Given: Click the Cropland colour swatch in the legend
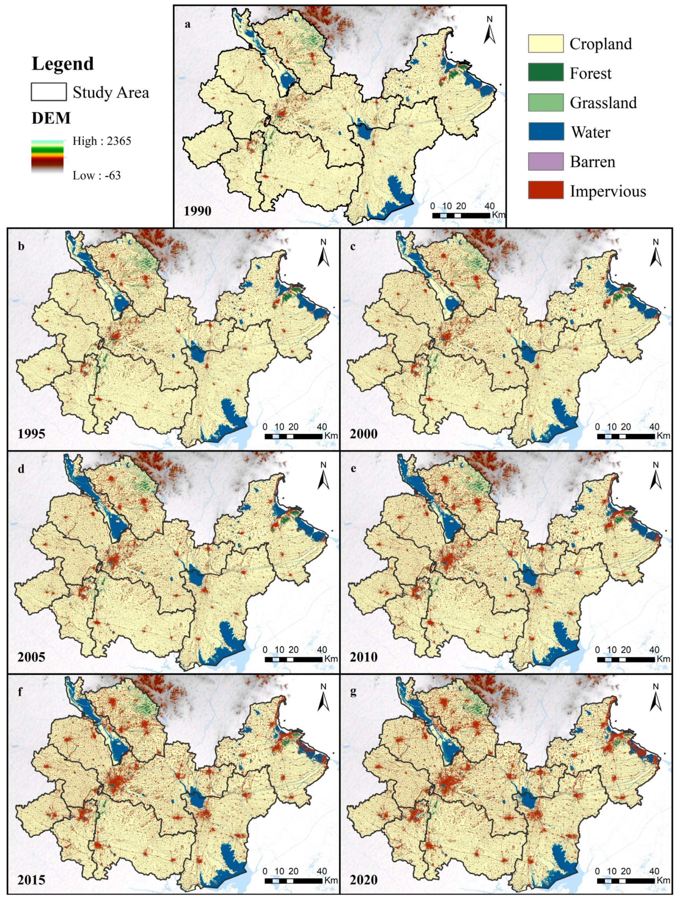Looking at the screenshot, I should (x=545, y=44).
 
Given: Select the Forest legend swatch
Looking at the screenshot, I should (x=545, y=72).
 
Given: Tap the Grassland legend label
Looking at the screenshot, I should (x=603, y=103).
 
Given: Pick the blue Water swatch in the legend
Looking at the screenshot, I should (x=545, y=132).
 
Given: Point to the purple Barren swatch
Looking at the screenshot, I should (x=545, y=161).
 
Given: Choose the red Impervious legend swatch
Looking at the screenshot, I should (x=545, y=190).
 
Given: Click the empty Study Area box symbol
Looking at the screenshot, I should (x=49, y=92).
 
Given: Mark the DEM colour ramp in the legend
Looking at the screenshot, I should (x=47, y=157).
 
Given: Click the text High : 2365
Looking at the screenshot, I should (x=102, y=141).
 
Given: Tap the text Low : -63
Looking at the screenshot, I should (x=97, y=175).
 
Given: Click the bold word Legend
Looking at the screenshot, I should (x=63, y=64).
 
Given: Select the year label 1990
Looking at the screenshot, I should (x=197, y=211).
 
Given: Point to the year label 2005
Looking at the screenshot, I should (x=31, y=657).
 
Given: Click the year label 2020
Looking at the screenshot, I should (x=363, y=880).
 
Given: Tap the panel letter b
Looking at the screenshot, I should (x=21, y=246).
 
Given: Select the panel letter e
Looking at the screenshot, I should (x=353, y=469).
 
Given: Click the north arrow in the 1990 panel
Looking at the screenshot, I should (x=489, y=31).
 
